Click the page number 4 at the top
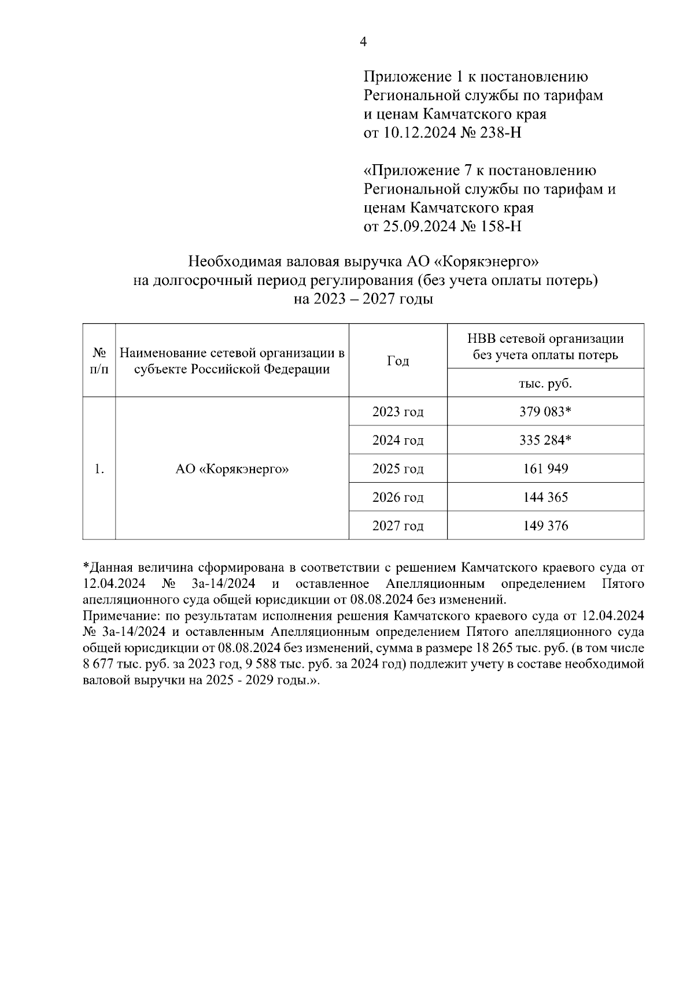pyautogui.click(x=363, y=42)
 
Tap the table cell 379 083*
pyautogui.click(x=545, y=412)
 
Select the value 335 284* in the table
pyautogui.click(x=545, y=440)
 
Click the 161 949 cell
pyautogui.click(x=545, y=469)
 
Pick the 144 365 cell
pyautogui.click(x=545, y=497)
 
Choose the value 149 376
pyautogui.click(x=545, y=526)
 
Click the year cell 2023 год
pyautogui.click(x=398, y=412)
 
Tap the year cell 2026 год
pyautogui.click(x=398, y=497)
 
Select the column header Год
pyautogui.click(x=398, y=361)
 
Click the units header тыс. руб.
pyautogui.click(x=545, y=383)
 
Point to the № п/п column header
pyautogui.click(x=99, y=361)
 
